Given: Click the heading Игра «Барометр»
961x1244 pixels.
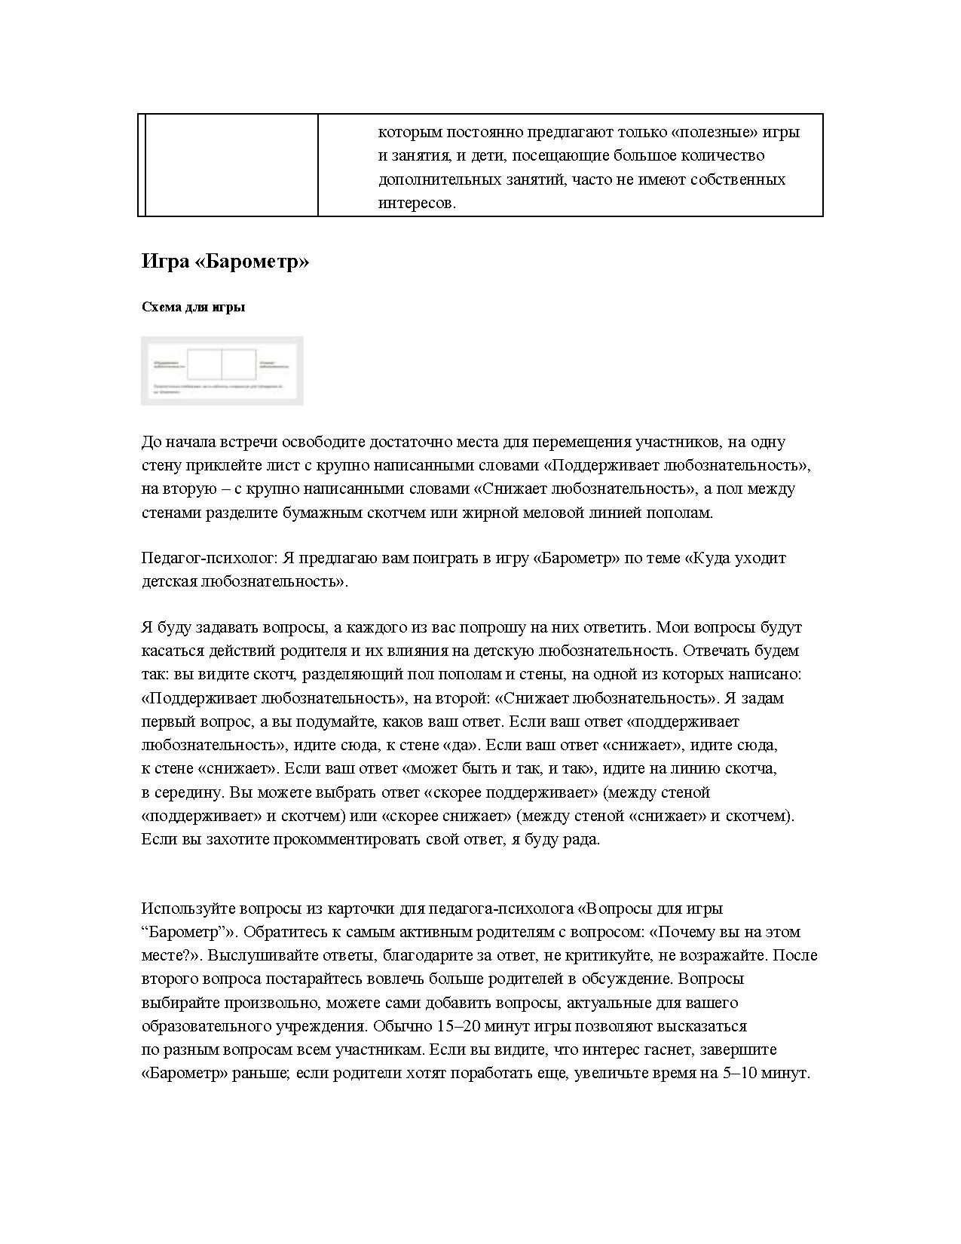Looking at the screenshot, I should click(225, 262).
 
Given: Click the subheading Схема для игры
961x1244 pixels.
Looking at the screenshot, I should click(193, 308).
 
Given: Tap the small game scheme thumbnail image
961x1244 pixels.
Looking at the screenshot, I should click(222, 370).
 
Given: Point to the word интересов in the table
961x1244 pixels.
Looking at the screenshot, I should click(416, 204).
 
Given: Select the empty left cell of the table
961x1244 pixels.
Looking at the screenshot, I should click(230, 165).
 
